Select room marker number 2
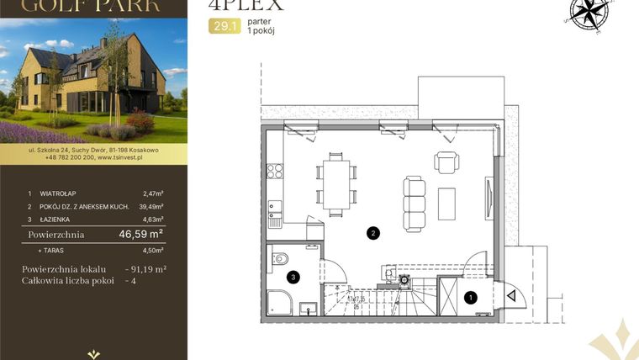[372, 232]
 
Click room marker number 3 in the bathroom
[293, 276]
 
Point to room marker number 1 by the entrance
[471, 296]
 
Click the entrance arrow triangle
[510, 294]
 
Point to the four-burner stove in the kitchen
[275, 172]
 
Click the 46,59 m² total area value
[140, 235]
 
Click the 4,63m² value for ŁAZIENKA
[152, 219]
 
